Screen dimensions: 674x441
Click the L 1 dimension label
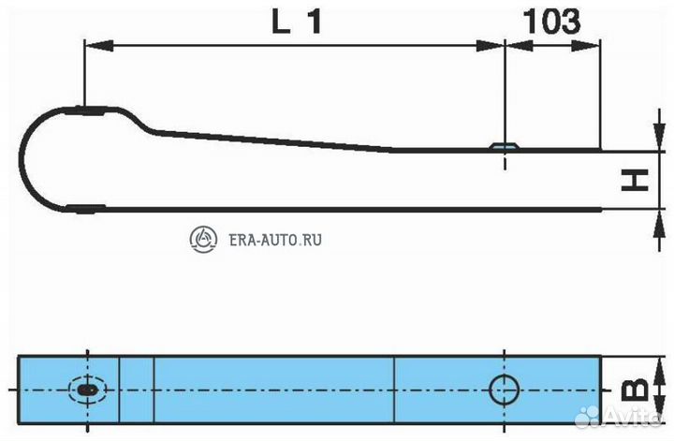(x=297, y=22)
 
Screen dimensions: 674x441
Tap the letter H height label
(x=635, y=180)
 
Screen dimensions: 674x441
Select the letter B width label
(x=635, y=389)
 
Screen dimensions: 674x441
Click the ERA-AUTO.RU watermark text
(x=275, y=240)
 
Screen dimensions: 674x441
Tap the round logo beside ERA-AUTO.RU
(x=203, y=239)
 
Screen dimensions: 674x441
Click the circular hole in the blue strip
(x=504, y=390)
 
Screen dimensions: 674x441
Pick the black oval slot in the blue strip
(x=88, y=390)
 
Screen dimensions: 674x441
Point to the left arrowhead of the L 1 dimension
(x=98, y=46)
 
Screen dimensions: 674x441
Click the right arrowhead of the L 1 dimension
(x=491, y=46)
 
